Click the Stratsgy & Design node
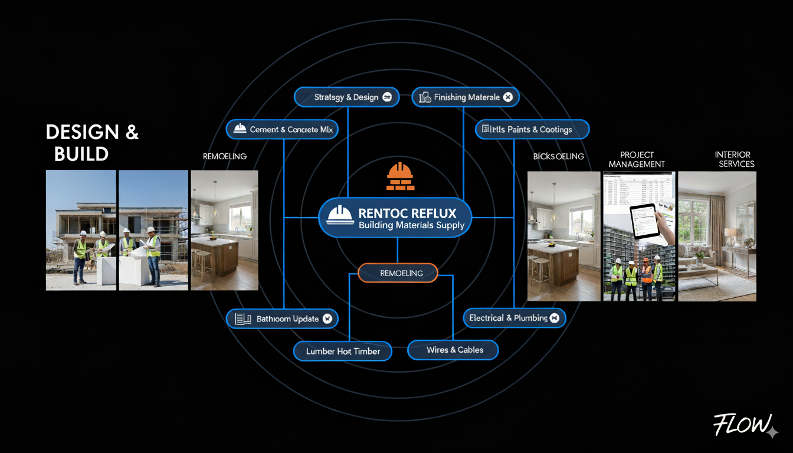(346, 97)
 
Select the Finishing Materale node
(466, 97)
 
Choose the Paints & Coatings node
(532, 129)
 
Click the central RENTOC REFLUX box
(396, 218)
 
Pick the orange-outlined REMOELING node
(398, 273)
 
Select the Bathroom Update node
(282, 319)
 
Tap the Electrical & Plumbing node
(514, 318)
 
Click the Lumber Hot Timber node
(343, 351)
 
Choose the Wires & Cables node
(453, 350)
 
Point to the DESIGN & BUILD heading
(92, 143)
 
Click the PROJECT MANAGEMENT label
(637, 159)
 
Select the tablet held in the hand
(645, 221)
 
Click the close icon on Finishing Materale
(508, 97)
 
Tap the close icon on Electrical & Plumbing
(554, 318)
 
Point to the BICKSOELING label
(558, 156)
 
